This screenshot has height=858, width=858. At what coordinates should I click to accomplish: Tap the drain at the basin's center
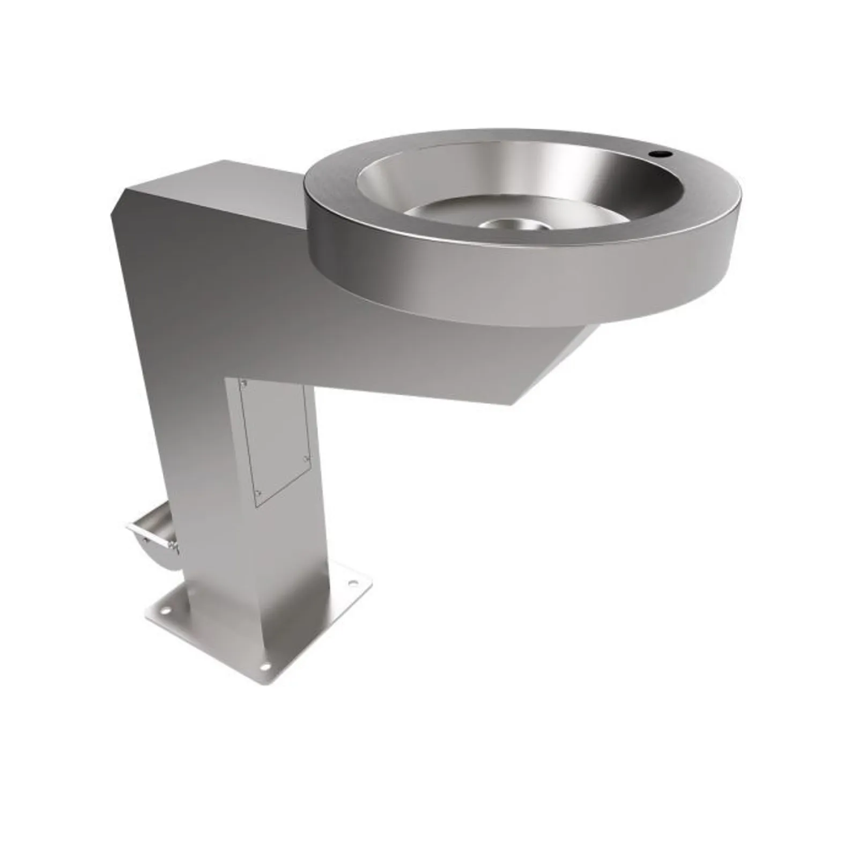click(x=509, y=224)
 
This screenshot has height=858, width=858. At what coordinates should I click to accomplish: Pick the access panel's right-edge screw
click(x=306, y=458)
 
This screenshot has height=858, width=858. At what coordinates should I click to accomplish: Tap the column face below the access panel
click(x=279, y=563)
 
